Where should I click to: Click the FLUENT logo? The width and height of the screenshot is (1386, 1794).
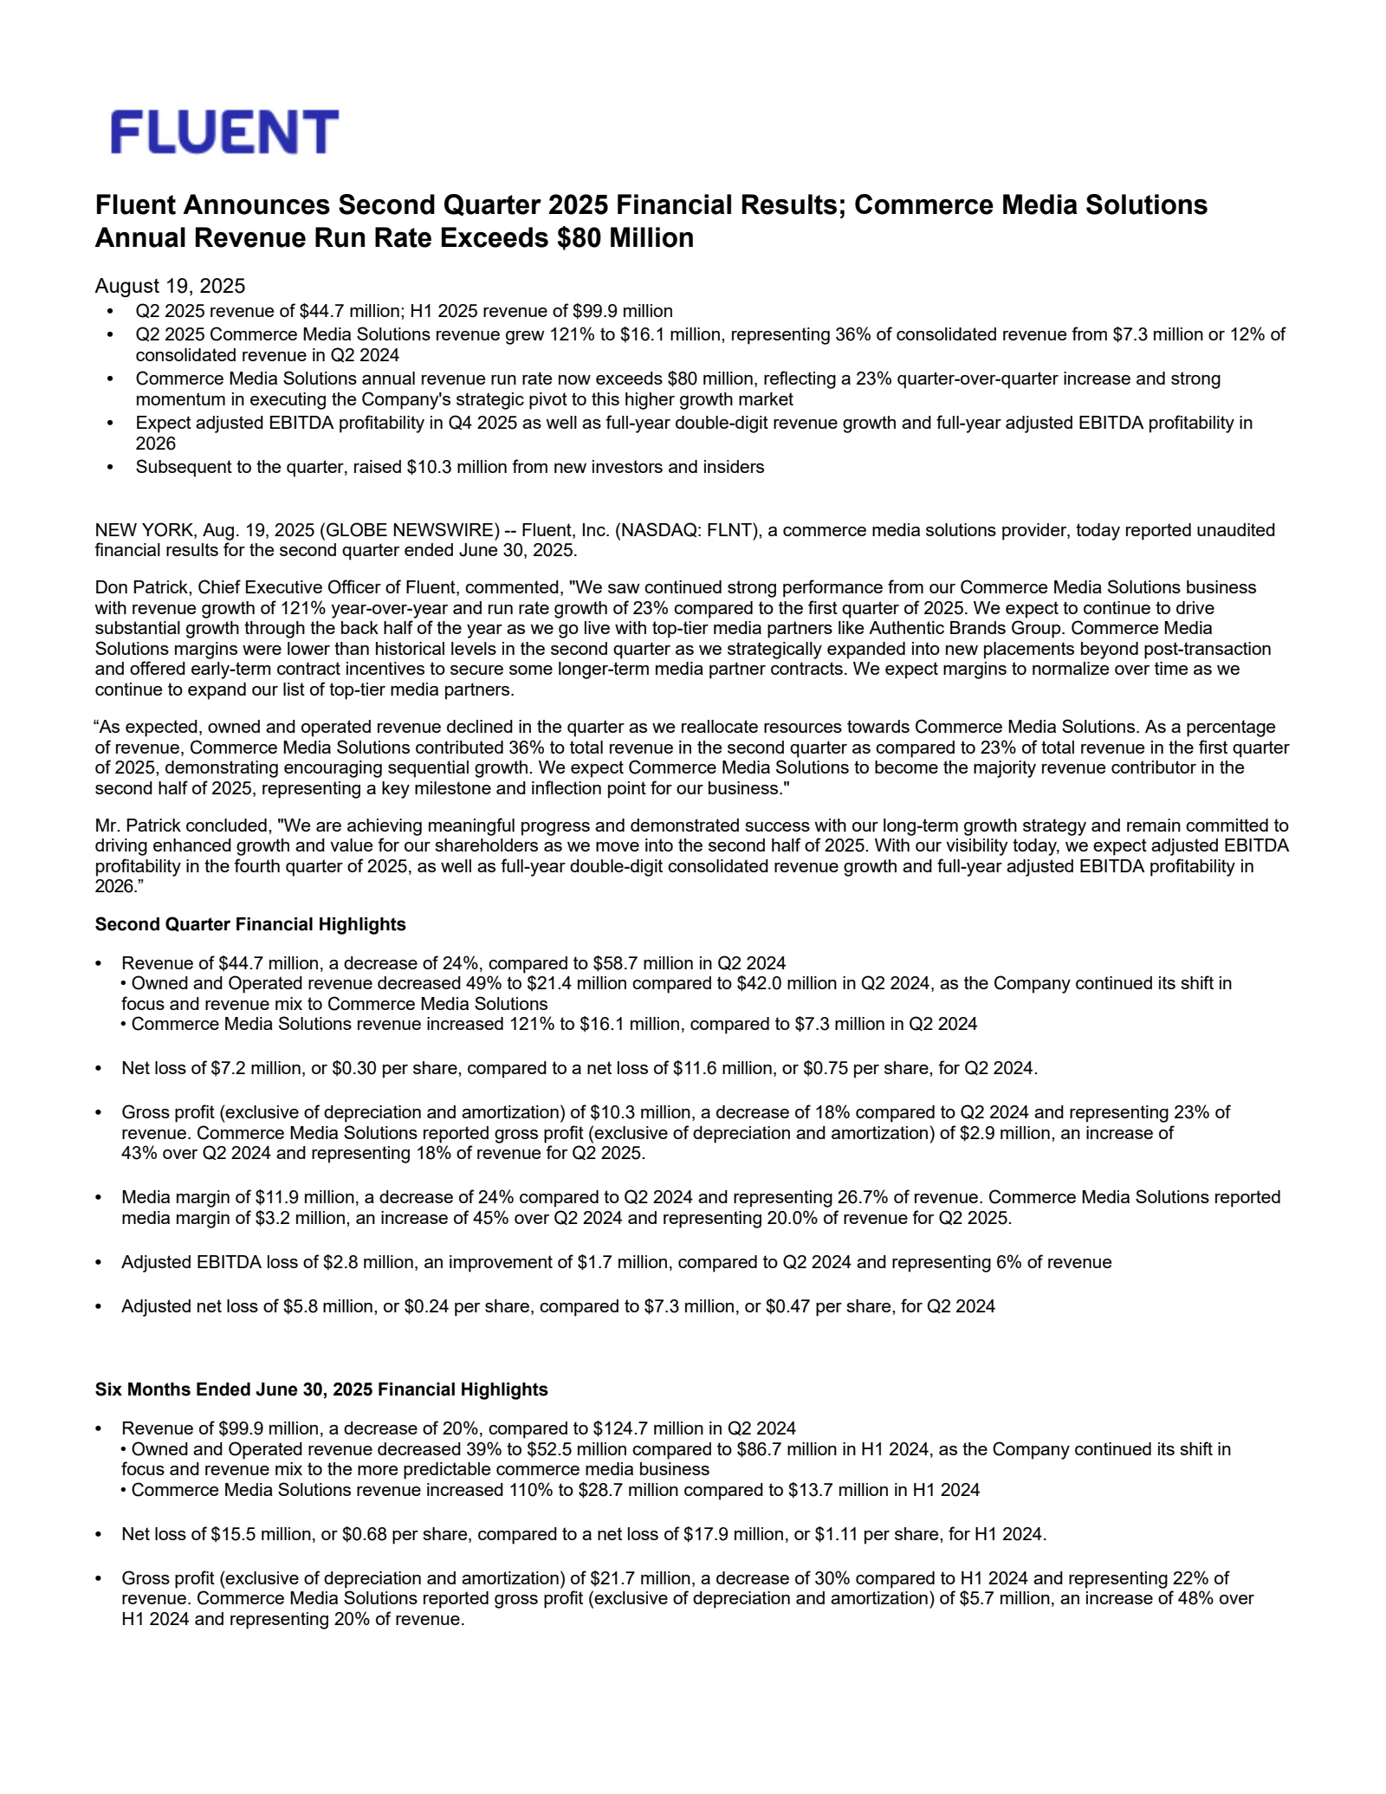pos(224,133)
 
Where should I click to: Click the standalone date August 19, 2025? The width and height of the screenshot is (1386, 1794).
pos(170,286)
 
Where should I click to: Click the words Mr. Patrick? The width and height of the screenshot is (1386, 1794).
pos(139,826)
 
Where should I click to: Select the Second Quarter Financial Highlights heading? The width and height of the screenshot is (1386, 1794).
pos(250,924)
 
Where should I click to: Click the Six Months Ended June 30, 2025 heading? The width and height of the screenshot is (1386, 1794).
pos(321,1389)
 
